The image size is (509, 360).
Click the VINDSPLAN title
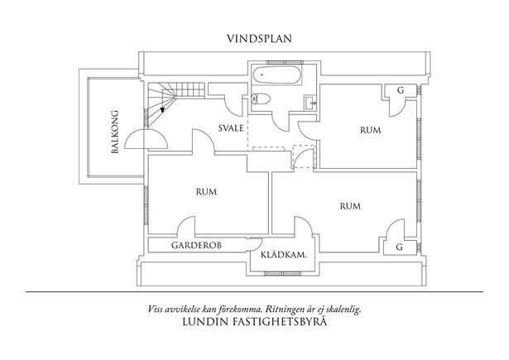click(x=259, y=38)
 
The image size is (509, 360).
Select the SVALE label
click(x=230, y=129)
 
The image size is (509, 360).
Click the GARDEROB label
click(x=195, y=247)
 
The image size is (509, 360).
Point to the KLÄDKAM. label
click(x=284, y=256)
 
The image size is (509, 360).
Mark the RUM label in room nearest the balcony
click(x=206, y=192)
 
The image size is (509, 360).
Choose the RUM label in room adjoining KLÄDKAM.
click(x=351, y=205)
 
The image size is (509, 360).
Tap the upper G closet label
click(x=400, y=89)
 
